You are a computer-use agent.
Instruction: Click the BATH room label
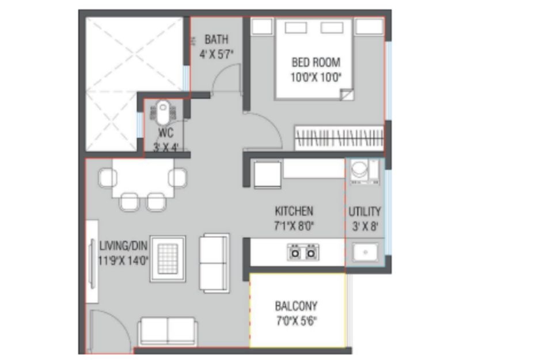pyautogui.click(x=216, y=39)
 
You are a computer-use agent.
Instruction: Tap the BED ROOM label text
pyautogui.click(x=316, y=62)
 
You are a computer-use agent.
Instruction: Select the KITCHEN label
pyautogui.click(x=294, y=211)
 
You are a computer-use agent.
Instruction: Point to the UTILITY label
pyautogui.click(x=365, y=211)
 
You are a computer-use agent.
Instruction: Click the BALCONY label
pyautogui.click(x=297, y=306)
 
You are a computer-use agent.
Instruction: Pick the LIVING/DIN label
pyautogui.click(x=123, y=245)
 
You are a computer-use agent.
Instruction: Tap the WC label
pyautogui.click(x=166, y=132)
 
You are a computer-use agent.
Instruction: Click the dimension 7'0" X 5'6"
pyautogui.click(x=297, y=321)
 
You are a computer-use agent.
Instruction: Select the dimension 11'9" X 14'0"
pyautogui.click(x=123, y=260)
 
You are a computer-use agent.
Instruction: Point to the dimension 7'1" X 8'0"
pyautogui.click(x=294, y=226)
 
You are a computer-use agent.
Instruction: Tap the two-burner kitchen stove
pyautogui.click(x=303, y=252)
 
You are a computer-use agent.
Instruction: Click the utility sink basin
pyautogui.click(x=366, y=252)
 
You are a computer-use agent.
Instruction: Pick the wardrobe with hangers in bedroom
pyautogui.click(x=339, y=138)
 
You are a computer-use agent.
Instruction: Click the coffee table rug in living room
pyautogui.click(x=168, y=259)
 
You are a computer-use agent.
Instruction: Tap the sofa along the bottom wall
pyautogui.click(x=168, y=332)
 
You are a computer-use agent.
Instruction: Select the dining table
pyautogui.click(x=143, y=178)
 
